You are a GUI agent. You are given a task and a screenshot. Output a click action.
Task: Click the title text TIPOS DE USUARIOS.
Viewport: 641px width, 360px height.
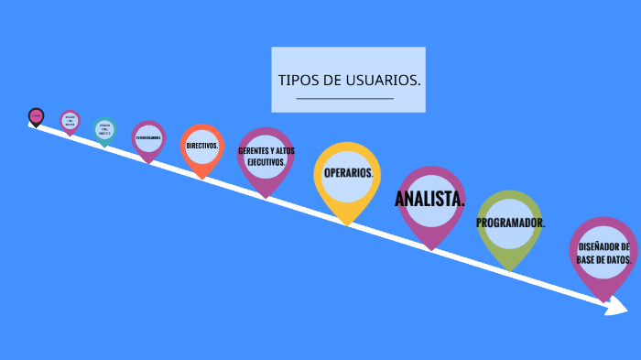349,80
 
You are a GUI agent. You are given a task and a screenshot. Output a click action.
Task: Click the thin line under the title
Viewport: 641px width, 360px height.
345,98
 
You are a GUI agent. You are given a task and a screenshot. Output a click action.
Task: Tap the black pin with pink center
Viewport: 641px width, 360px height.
36,116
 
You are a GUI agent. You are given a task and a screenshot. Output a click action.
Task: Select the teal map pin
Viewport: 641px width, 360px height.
104,129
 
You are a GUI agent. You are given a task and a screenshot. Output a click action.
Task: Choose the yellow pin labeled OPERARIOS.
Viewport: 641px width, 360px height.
347,176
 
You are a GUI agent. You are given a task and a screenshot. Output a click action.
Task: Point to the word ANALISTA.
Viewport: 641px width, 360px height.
429,199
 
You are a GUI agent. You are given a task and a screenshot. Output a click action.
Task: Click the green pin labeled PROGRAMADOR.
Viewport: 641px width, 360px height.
510,224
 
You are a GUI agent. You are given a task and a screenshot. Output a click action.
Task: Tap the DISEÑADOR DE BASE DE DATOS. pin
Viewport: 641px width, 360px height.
603,254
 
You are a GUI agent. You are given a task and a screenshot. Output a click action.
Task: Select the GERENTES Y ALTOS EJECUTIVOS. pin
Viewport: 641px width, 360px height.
266,158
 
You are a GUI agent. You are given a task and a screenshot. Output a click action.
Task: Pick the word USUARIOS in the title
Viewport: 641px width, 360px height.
384,80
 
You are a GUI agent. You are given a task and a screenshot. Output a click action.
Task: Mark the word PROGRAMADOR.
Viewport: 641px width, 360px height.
510,223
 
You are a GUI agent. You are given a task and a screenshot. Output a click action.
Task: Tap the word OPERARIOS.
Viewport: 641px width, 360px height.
348,172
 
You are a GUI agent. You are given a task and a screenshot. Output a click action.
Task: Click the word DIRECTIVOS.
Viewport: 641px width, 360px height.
201,146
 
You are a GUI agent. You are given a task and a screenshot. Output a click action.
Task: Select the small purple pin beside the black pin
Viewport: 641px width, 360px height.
70,121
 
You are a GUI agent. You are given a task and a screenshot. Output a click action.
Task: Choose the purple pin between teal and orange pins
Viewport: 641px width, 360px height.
148,138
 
